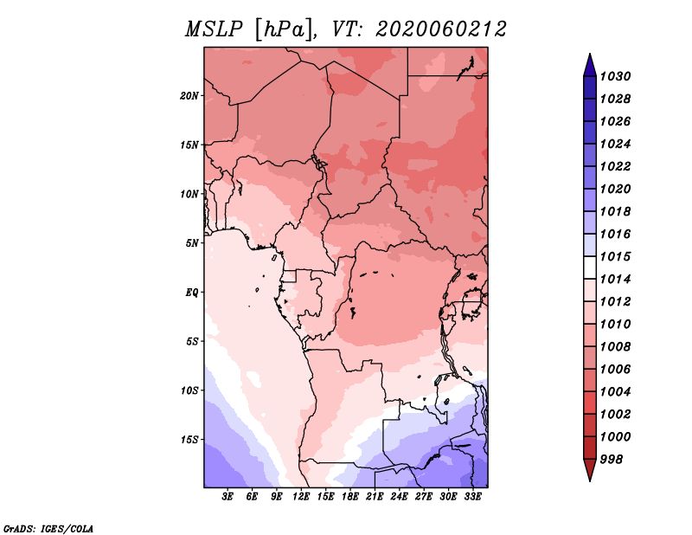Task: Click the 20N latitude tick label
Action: [x=189, y=95]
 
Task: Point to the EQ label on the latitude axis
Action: [x=192, y=292]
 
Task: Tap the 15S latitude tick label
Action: [x=189, y=440]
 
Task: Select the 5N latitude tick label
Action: [x=192, y=243]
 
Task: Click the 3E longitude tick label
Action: [x=227, y=496]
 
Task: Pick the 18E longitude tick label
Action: [x=350, y=496]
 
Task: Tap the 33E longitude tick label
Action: [x=472, y=496]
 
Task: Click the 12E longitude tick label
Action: [x=301, y=496]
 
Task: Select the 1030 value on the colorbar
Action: [x=615, y=76]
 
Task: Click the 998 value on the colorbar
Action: [x=612, y=460]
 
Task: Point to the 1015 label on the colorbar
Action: [x=615, y=256]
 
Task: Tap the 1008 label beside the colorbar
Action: [x=615, y=347]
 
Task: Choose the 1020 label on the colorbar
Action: [x=615, y=189]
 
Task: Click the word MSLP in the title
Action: [x=214, y=29]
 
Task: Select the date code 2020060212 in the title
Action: [x=441, y=29]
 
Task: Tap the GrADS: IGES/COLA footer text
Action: [x=48, y=528]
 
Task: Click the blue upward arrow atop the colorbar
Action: [x=590, y=66]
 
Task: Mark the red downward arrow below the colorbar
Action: [x=590, y=469]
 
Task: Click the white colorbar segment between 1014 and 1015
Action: [x=590, y=267]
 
